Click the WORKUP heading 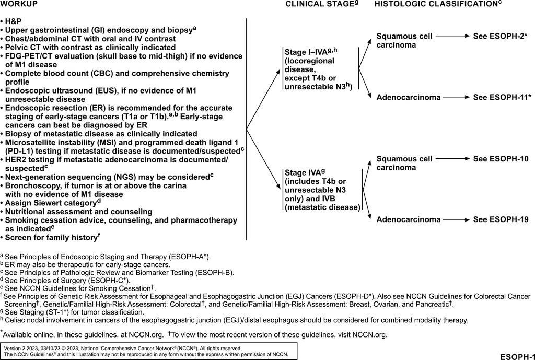tap(19, 4)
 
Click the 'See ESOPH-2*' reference tap(501, 37)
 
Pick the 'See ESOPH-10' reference tap(501, 159)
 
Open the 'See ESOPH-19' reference tap(501, 219)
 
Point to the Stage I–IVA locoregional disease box tap(319, 68)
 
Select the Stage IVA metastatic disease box tap(322, 190)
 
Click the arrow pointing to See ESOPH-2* tap(453, 37)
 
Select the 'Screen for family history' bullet tap(52, 237)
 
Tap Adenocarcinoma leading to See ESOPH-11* tap(409, 97)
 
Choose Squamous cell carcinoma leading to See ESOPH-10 tap(404, 163)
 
